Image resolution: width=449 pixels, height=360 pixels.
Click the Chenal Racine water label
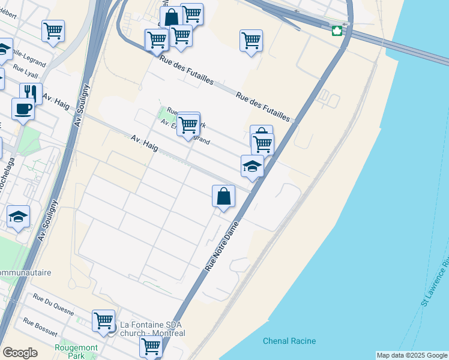point(289,341)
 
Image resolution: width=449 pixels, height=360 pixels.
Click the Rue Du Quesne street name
point(53,305)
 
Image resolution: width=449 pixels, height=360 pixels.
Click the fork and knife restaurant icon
point(31,93)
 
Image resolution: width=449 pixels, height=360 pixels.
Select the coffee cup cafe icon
point(23,109)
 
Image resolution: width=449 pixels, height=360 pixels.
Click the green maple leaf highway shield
point(337,31)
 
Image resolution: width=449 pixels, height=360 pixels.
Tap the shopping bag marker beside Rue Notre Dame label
point(223,196)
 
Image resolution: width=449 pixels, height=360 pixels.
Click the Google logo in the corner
point(20,353)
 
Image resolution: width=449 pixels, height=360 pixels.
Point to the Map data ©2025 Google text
point(412,355)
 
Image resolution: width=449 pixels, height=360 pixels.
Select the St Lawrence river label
point(435,282)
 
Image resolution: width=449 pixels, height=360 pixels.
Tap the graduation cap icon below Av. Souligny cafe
point(19,217)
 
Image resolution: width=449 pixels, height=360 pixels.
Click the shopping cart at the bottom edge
point(151,346)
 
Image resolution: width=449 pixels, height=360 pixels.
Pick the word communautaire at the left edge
point(25,272)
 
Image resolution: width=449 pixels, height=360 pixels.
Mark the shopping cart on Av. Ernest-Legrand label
point(188,125)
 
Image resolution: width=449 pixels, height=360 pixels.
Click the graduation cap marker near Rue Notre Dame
point(252,166)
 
